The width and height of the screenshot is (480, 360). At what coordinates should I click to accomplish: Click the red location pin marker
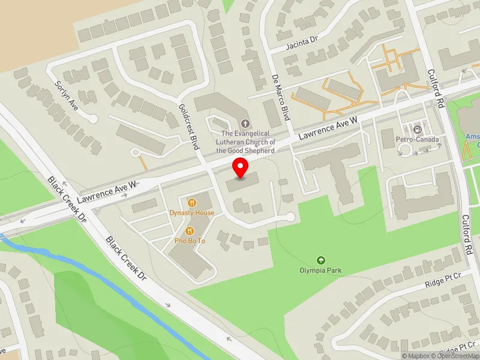pyautogui.click(x=241, y=167)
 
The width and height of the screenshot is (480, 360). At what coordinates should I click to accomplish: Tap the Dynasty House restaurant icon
pyautogui.click(x=192, y=203)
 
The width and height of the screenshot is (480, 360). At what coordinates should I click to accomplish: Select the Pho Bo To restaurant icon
pyautogui.click(x=190, y=230)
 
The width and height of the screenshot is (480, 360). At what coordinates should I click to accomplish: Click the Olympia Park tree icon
pyautogui.click(x=321, y=260)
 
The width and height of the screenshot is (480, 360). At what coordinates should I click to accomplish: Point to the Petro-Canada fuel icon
pyautogui.click(x=418, y=129)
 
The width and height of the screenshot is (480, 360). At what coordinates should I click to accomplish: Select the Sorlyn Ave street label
pyautogui.click(x=67, y=95)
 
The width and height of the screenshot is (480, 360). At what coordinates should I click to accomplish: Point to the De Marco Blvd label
pyautogui.click(x=281, y=97)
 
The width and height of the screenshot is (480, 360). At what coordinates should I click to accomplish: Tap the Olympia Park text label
pyautogui.click(x=321, y=271)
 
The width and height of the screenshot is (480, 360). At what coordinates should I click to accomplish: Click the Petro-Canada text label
pyautogui.click(x=418, y=140)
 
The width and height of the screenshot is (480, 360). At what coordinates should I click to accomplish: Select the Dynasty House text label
pyautogui.click(x=192, y=213)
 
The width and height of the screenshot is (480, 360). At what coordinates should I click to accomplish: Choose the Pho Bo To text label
pyautogui.click(x=190, y=241)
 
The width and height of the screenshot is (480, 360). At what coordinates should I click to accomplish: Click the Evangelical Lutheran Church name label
pyautogui.click(x=248, y=142)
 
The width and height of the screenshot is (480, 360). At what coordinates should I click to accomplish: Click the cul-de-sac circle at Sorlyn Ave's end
pyautogui.click(x=92, y=119)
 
